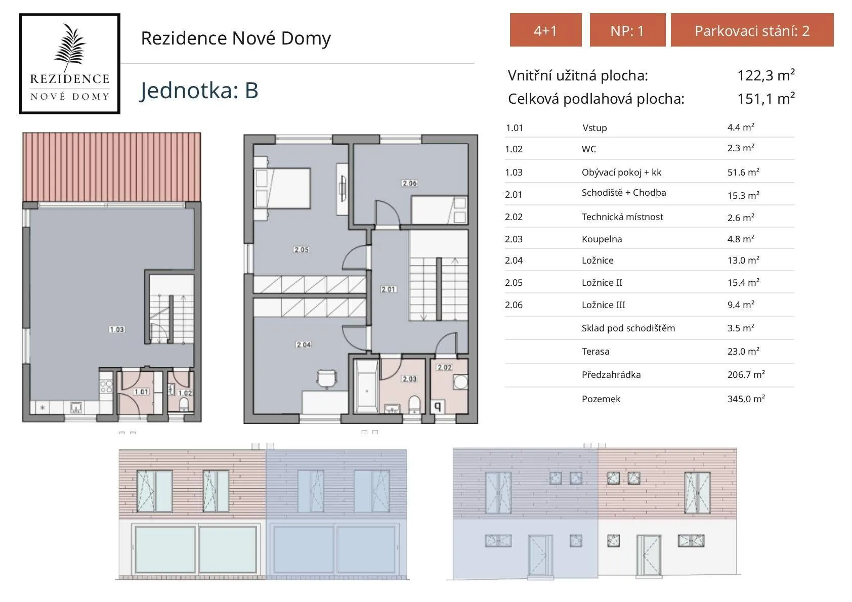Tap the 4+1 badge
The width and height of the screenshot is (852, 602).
(545, 30)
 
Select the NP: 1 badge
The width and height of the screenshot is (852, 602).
(627, 30)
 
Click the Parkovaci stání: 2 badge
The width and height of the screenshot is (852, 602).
(752, 30)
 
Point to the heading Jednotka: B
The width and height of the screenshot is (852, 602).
(199, 91)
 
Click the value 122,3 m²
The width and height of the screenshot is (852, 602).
(765, 75)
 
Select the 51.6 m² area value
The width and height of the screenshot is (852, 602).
(743, 173)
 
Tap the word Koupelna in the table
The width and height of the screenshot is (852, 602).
(602, 239)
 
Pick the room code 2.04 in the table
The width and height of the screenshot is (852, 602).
(514, 261)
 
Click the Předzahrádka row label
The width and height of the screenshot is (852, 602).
(611, 375)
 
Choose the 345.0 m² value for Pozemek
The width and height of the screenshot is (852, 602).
(746, 399)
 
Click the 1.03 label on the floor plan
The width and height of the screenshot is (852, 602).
(116, 329)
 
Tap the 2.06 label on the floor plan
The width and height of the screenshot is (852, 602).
(409, 183)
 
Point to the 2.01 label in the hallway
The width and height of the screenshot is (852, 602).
(389, 289)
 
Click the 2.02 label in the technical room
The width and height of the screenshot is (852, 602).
(444, 367)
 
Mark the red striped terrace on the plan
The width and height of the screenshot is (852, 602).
(111, 167)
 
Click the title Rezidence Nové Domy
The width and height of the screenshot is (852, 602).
(236, 38)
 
